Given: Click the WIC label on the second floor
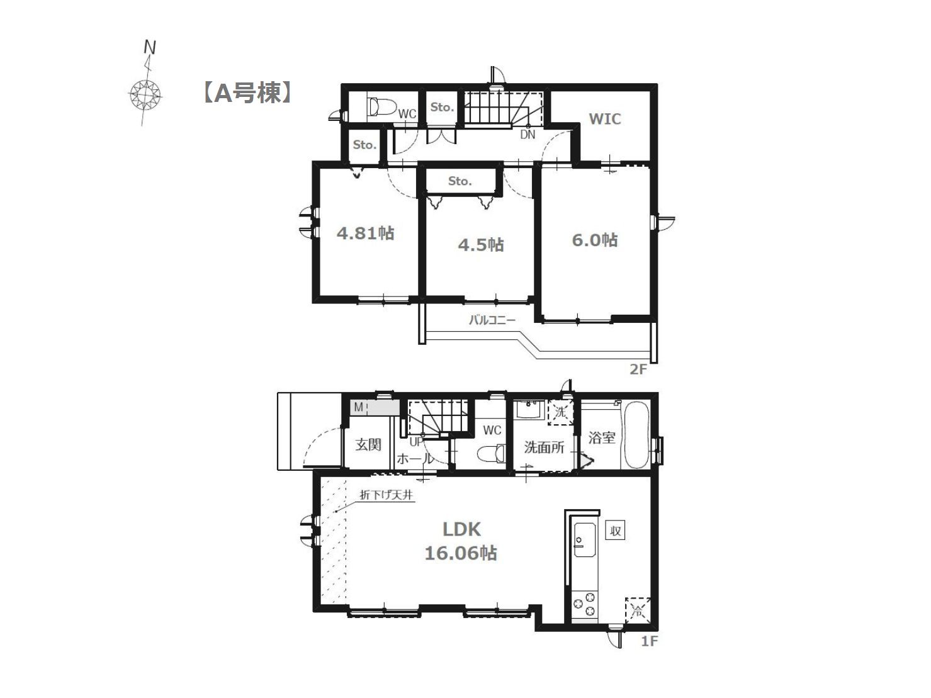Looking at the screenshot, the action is (604, 119).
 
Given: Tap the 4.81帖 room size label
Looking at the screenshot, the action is (365, 234).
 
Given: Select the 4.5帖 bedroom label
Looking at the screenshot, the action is (480, 245).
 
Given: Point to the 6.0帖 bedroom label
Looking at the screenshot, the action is (595, 240).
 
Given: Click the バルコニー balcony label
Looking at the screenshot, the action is (492, 320).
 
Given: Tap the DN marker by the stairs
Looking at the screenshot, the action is (528, 135).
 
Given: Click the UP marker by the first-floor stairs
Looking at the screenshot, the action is (417, 442).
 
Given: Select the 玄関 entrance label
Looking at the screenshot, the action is (368, 445).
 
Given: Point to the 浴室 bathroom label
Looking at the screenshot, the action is (601, 437).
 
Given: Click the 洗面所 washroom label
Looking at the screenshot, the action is (544, 447).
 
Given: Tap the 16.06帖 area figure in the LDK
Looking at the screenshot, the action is (461, 553).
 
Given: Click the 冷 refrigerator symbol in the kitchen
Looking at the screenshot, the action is (638, 611).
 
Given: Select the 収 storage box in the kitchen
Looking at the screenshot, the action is (616, 531).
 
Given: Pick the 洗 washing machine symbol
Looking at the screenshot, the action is (560, 412).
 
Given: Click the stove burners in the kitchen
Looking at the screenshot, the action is (584, 604).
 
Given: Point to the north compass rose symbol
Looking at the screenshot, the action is (145, 94).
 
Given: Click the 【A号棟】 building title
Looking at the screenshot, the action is (247, 93).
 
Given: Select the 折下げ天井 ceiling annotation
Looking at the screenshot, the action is (386, 495).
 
